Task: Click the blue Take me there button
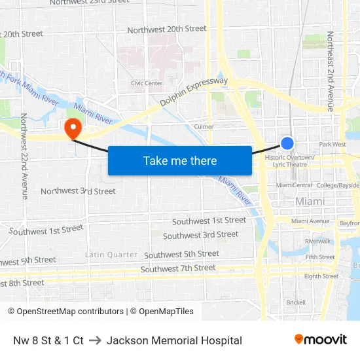pos(180,160)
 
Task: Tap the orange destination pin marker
pos(72,128)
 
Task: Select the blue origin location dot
pos(287,143)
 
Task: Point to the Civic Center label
pos(147,83)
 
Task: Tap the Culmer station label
pos(204,126)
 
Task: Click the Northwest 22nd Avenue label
pos(24,156)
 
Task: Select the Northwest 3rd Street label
pos(78,191)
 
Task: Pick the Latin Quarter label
pos(111,255)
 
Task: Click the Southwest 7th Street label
pos(178,268)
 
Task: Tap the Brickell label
pos(296,302)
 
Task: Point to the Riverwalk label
pos(317,241)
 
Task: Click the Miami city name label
pos(310,202)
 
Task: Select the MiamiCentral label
pos(294,185)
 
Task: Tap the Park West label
pos(333,144)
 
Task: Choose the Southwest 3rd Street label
pos(200,235)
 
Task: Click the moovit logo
pos(320,339)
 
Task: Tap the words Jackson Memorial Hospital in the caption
pos(174,340)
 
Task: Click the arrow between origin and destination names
pos(95,340)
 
